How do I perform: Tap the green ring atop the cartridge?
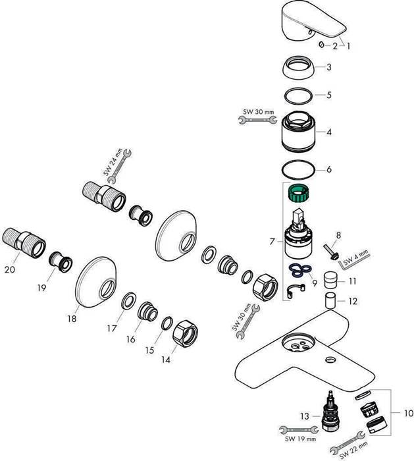pyautogui.click(x=299, y=194)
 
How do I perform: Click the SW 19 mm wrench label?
pyautogui.click(x=301, y=439)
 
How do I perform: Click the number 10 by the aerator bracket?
pyautogui.click(x=408, y=414)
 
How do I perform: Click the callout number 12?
pyautogui.click(x=352, y=302)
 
